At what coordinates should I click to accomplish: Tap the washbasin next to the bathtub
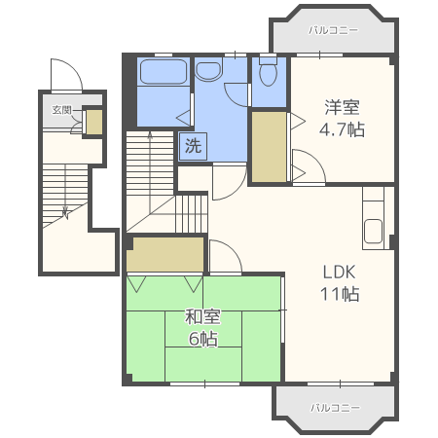pos(209,69)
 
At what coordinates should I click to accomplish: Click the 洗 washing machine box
pos(193,147)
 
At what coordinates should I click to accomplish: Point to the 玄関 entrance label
pos(60,110)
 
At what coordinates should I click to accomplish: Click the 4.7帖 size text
pos(342,130)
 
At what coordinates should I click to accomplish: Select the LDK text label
pos(342,273)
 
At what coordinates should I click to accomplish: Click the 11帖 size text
pos(342,293)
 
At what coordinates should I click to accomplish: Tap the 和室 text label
pos(202,317)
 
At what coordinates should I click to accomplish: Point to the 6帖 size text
pos(202,339)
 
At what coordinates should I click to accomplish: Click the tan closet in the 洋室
pos(270,146)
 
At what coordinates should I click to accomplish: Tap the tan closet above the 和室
pos(165,255)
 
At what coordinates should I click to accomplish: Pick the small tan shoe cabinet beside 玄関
pos(93,122)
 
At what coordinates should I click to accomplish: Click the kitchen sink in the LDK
pos(375,234)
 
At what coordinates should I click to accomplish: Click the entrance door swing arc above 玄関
pos(66,76)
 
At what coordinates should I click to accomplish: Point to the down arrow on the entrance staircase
pos(64,209)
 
